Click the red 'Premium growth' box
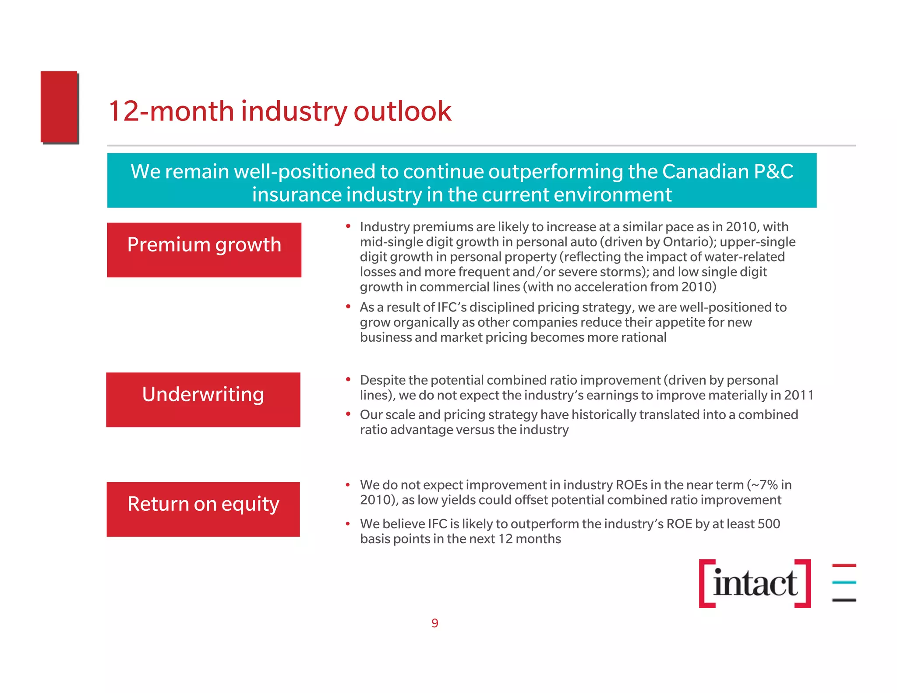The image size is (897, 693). [204, 250]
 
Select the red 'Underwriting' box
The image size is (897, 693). [203, 400]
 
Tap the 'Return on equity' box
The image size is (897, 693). [203, 509]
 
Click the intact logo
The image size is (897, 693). [755, 583]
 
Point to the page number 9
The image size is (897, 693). [435, 623]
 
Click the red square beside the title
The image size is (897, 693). [60, 107]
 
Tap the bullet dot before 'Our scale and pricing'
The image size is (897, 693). [348, 414]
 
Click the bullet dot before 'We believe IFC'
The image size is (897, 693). [348, 523]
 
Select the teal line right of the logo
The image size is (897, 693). [844, 583]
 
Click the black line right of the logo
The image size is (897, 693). [844, 600]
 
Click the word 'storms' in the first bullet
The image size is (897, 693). [623, 272]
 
